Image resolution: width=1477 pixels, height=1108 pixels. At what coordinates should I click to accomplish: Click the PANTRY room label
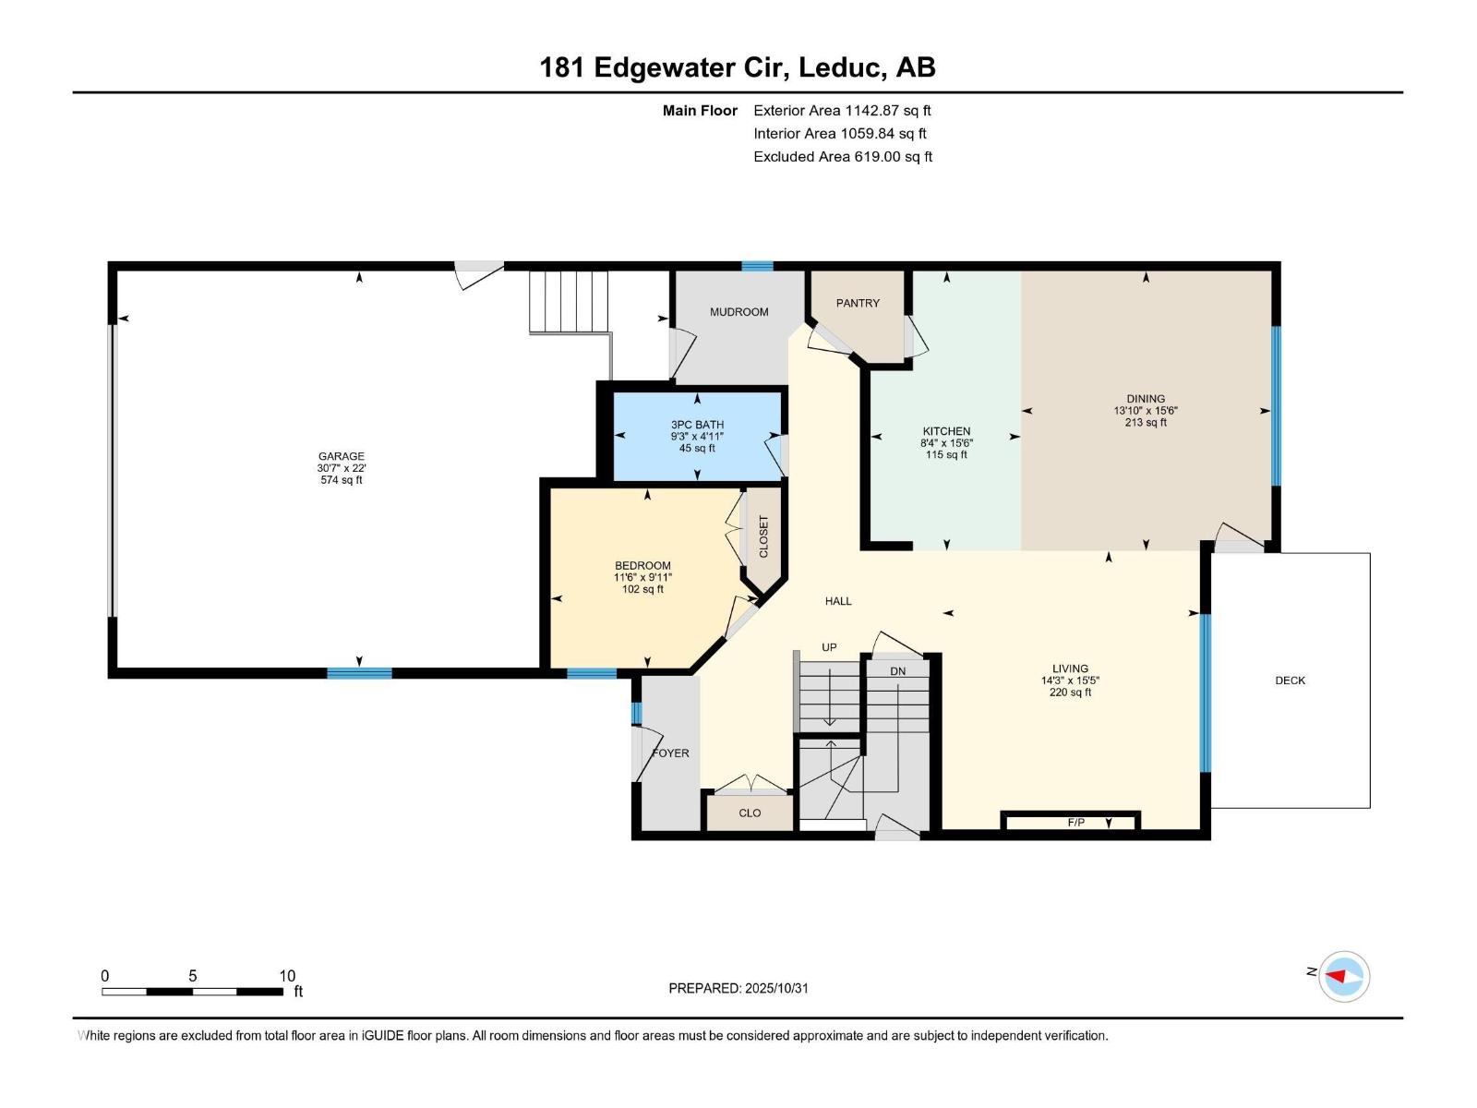click(x=858, y=304)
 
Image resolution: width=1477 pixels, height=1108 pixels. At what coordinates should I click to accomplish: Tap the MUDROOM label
click(x=738, y=312)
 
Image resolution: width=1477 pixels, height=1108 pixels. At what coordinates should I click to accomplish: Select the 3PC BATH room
click(x=697, y=436)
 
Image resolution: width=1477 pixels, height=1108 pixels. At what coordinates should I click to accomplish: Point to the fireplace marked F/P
click(x=1070, y=822)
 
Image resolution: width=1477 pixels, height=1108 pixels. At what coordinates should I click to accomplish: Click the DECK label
click(x=1290, y=680)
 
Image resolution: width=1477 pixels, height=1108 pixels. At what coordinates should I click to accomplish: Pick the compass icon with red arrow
click(x=1344, y=976)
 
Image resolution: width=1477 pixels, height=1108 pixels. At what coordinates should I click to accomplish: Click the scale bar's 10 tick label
click(x=287, y=976)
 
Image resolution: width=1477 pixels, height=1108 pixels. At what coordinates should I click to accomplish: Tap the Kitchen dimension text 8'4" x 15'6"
click(x=947, y=443)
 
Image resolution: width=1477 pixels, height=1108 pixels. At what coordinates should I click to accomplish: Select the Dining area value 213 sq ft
click(x=1146, y=423)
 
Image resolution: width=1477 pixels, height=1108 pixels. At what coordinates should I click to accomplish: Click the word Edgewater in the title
click(x=674, y=68)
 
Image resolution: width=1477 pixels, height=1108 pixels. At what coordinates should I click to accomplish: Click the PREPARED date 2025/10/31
click(x=776, y=988)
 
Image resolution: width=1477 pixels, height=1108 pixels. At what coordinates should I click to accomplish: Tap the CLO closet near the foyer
click(x=750, y=813)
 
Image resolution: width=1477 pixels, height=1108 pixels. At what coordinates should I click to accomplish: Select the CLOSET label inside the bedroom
click(x=763, y=536)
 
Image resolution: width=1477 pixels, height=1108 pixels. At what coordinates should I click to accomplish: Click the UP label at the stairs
click(x=829, y=647)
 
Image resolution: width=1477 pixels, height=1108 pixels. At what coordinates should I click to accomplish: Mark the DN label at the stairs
click(x=897, y=671)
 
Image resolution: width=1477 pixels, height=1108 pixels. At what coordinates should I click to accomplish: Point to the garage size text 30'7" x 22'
click(x=342, y=468)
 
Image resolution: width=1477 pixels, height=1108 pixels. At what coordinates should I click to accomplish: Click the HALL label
click(x=838, y=601)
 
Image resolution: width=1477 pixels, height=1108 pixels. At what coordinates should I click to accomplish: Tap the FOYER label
click(x=671, y=753)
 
